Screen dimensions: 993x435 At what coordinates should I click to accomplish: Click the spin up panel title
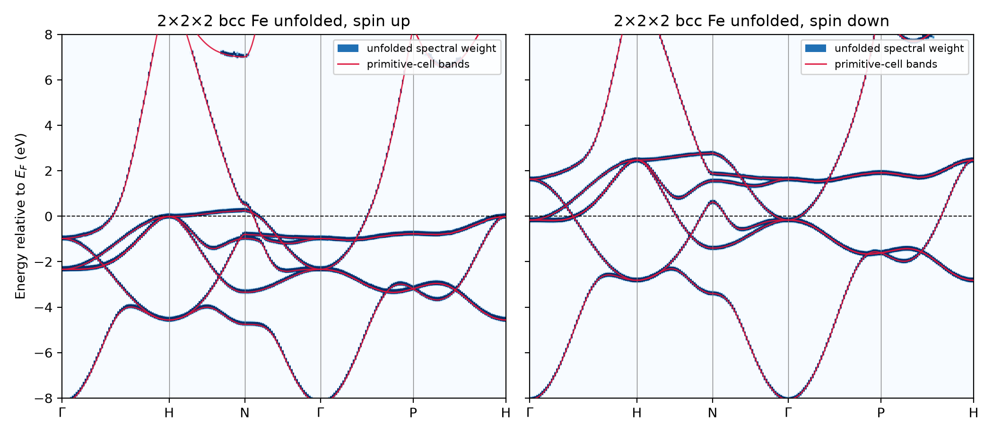tap(284, 21)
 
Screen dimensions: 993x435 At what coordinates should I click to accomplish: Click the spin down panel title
tap(751, 21)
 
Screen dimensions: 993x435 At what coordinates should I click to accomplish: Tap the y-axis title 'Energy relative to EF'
tap(20, 216)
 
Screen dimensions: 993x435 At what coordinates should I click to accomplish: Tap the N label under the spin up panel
tap(244, 413)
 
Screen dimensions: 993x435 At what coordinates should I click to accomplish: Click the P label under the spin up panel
tap(413, 413)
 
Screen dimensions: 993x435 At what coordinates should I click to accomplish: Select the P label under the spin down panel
tap(880, 413)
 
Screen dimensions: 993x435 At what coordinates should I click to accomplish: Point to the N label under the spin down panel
tap(712, 413)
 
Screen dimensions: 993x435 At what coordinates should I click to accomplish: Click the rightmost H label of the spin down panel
tap(973, 413)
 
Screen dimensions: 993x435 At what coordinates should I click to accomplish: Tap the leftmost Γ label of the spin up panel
tap(62, 413)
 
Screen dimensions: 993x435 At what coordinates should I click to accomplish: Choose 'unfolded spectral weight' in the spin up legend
tap(431, 48)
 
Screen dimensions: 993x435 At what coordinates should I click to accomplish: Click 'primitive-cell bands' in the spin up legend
tap(418, 64)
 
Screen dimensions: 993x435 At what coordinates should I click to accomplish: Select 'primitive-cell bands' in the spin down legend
tap(886, 64)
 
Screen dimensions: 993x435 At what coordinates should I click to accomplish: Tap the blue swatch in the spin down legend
tap(816, 48)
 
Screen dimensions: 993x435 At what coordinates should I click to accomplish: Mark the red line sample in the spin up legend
tap(348, 64)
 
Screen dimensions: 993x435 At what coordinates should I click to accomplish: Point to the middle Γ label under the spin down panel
tap(788, 413)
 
